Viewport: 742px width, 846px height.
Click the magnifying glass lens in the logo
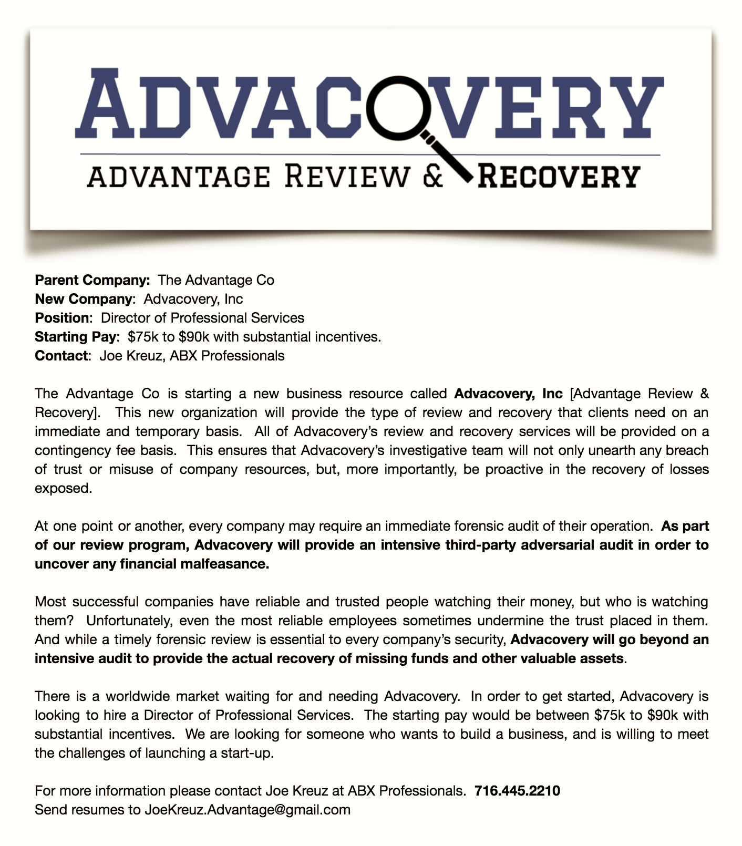400,103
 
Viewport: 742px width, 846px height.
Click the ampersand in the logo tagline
432,177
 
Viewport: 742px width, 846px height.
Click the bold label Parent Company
92,280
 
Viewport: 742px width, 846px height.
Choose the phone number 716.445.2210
517,791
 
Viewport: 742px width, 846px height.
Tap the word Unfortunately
129,621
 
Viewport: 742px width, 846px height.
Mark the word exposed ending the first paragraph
63,489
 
